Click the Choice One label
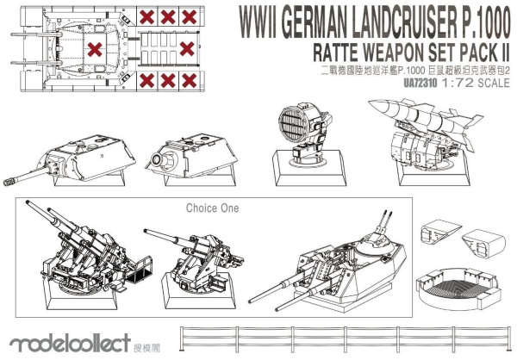(211, 208)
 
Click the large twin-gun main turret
(353, 258)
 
